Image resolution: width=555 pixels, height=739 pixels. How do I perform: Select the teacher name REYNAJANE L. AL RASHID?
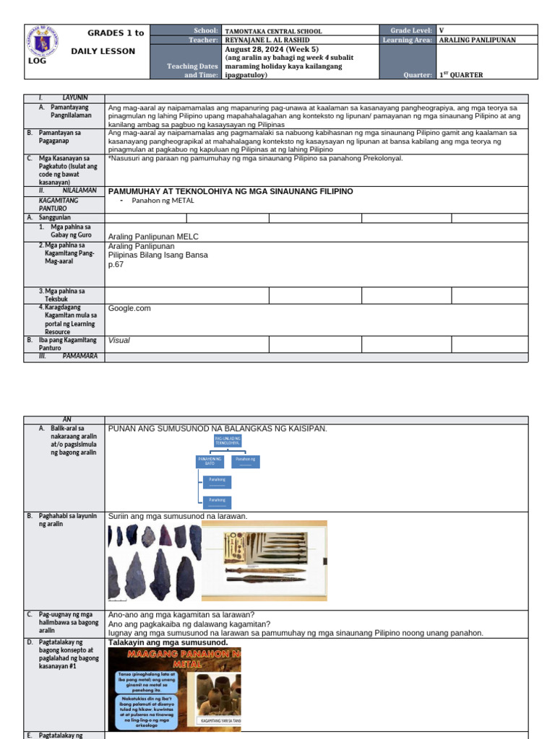click(267, 40)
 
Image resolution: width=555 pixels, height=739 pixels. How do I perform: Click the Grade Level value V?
click(442, 31)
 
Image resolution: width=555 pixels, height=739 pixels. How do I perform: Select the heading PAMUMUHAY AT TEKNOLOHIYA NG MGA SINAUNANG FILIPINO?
click(230, 191)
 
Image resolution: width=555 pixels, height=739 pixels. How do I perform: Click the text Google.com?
click(129, 308)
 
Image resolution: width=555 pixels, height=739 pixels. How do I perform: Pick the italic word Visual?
click(119, 340)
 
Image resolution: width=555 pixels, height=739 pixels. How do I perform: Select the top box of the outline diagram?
click(228, 441)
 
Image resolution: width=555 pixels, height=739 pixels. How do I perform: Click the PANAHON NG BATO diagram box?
click(210, 460)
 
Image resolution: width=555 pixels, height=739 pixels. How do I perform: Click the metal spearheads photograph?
click(264, 561)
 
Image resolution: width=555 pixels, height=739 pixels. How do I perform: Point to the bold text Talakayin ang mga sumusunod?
click(168, 642)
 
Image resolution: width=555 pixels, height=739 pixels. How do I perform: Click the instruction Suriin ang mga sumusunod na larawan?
click(177, 516)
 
